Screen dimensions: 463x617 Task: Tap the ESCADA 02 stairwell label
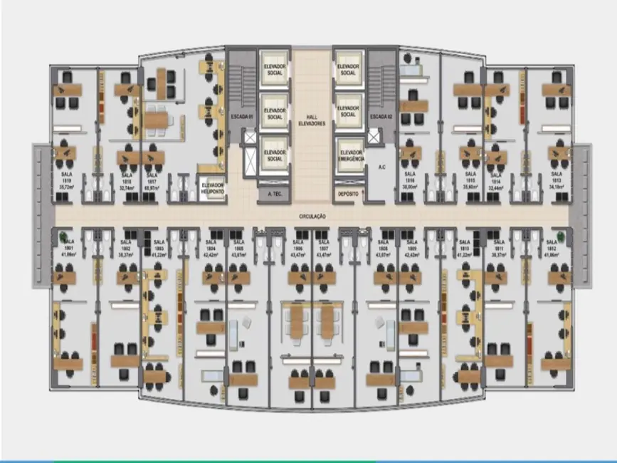(x=381, y=115)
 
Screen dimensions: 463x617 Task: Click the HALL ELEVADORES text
(x=311, y=120)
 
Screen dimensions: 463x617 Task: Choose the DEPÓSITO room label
(x=348, y=193)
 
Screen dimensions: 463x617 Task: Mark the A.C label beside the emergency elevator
(x=381, y=168)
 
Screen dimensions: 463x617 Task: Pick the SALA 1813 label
(x=557, y=177)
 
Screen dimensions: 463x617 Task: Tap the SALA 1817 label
(x=151, y=177)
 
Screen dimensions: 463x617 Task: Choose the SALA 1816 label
(x=410, y=177)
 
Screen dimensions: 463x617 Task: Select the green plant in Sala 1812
(x=562, y=236)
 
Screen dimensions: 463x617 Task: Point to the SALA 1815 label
(x=470, y=177)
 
